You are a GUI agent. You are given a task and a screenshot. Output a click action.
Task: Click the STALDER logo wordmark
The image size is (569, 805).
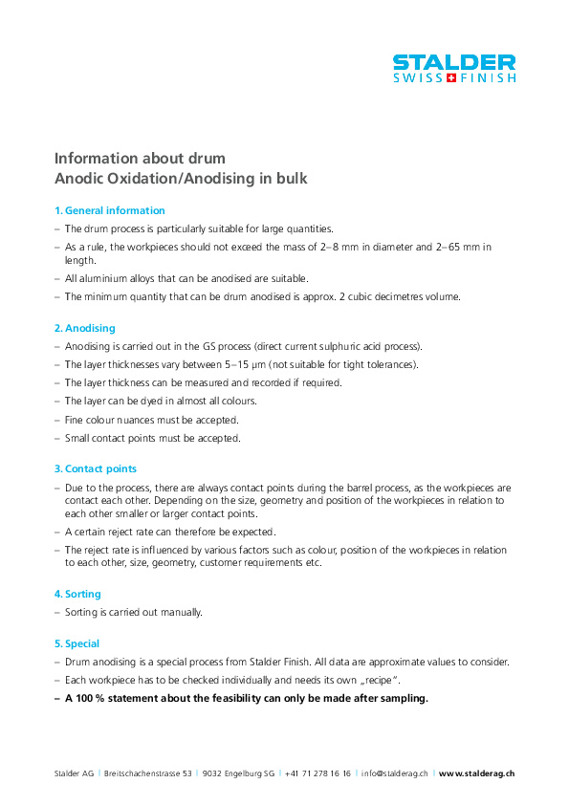(454, 62)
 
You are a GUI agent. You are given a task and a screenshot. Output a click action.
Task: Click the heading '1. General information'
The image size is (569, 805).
(109, 210)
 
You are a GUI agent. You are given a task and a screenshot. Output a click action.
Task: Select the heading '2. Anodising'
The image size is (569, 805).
(84, 328)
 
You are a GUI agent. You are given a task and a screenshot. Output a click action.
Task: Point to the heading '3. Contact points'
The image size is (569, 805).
(95, 468)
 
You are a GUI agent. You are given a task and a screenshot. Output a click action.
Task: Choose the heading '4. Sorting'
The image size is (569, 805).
(77, 594)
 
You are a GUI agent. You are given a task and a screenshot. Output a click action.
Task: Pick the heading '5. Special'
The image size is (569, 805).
(77, 643)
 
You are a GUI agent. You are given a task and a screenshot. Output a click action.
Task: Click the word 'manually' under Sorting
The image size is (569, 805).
(182, 612)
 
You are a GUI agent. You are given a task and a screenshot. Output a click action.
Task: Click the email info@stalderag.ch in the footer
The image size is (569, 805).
(394, 772)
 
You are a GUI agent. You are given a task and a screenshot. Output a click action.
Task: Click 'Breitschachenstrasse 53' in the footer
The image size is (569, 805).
(148, 772)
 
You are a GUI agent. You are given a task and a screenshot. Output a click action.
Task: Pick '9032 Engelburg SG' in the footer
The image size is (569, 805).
(238, 772)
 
